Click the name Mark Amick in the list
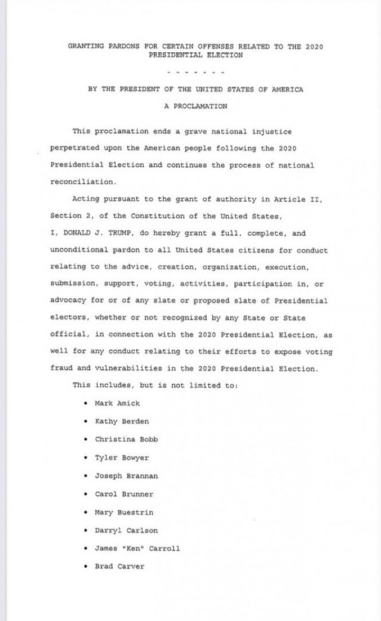click(x=117, y=403)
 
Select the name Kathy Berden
click(x=121, y=421)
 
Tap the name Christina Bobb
click(x=126, y=440)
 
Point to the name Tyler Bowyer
click(x=121, y=458)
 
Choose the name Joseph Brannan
click(x=126, y=476)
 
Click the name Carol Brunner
click(x=124, y=494)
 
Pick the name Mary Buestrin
click(x=124, y=512)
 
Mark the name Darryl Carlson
click(x=126, y=530)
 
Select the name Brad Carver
click(x=120, y=566)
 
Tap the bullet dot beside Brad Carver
click(x=87, y=566)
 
